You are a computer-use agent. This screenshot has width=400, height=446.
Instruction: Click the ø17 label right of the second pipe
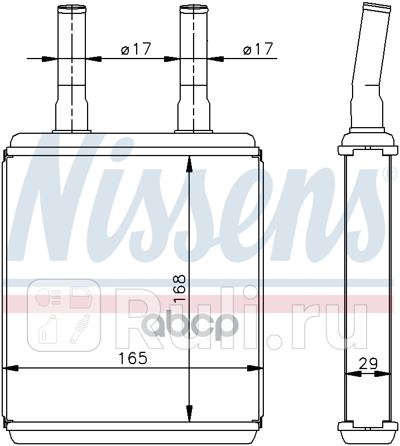coord(258,49)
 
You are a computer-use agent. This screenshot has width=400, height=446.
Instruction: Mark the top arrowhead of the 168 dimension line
coord(189,162)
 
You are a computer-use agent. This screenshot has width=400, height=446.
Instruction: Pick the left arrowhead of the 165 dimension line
coord(11,369)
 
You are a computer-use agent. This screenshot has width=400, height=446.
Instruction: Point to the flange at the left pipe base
coord(71,132)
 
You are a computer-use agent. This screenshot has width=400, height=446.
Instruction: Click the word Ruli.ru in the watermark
coord(240,321)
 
